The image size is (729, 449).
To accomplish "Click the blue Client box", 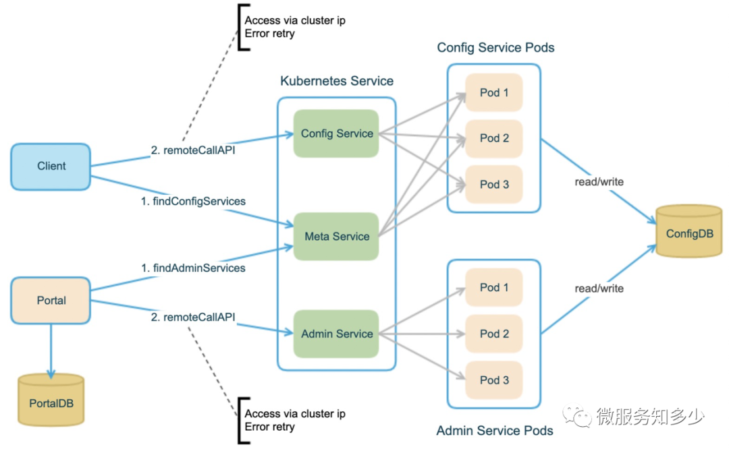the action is coord(51,167).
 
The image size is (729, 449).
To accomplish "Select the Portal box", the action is coord(51,301).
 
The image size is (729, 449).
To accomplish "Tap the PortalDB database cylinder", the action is coord(51,400).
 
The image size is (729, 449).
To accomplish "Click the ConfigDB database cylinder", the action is coord(689,231).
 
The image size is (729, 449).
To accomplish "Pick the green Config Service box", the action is coord(336,133).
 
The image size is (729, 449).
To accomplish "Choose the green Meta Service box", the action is coord(336,237).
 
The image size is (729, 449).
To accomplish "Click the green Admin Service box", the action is coord(336,334).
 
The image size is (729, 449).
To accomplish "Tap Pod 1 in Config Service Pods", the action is coord(493,92).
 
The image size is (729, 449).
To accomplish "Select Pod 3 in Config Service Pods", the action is coord(493,184).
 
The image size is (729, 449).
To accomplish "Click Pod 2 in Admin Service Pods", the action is coord(493,334).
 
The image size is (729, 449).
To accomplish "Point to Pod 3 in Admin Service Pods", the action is coord(493,380).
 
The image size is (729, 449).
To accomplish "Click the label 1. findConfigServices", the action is coord(193,201).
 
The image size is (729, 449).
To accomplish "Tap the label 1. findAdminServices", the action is coord(193,268).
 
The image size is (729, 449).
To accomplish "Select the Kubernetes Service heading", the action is coord(337,81).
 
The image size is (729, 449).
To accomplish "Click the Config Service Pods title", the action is coord(495,47).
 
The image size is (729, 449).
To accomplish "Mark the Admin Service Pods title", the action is coord(495,430).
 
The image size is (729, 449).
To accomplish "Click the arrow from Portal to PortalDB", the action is coord(51,351).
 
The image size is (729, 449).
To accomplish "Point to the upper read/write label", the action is coord(599,181).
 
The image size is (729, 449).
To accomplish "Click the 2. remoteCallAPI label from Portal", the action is coord(193,317).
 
